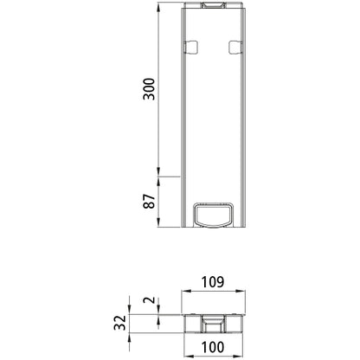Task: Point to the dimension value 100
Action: (213, 348)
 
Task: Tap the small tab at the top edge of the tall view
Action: (213, 7)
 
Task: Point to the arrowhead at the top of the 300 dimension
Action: (160, 9)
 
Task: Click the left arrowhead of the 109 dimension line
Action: (183, 293)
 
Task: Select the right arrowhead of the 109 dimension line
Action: (243, 293)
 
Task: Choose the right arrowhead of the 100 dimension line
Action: (241, 337)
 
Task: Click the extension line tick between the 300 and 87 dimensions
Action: (160, 177)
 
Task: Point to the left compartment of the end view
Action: (194, 324)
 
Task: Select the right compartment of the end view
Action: (232, 324)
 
